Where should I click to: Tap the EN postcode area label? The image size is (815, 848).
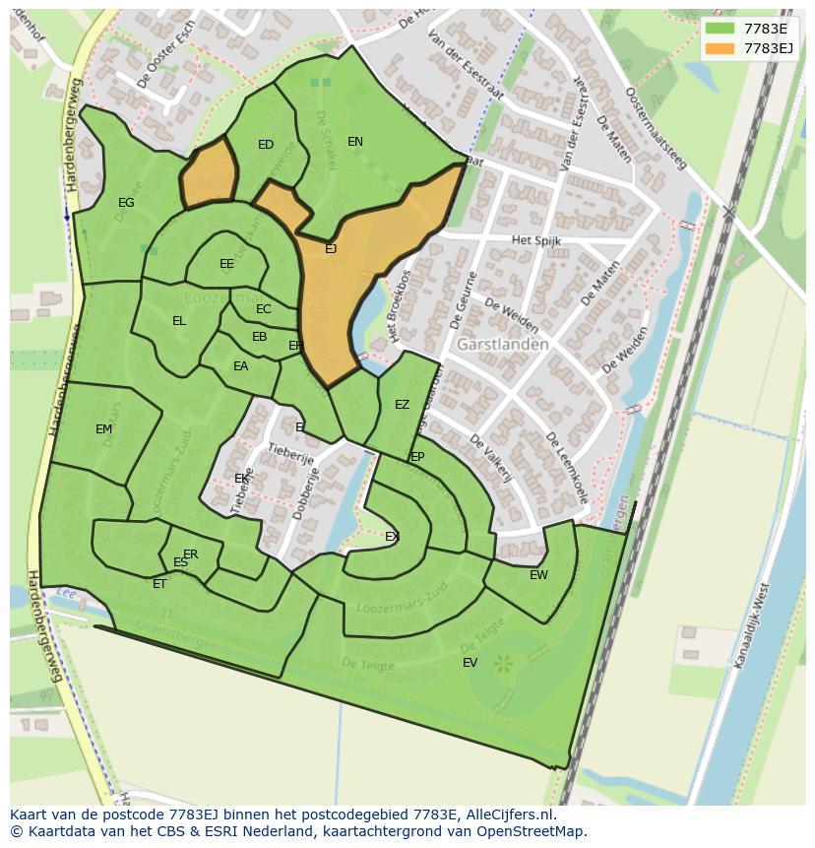tap(355, 142)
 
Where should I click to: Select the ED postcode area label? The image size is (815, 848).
tap(266, 145)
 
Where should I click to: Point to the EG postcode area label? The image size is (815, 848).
tap(126, 203)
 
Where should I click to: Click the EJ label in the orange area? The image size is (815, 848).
tap(331, 249)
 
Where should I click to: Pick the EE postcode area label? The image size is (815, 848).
tap(227, 264)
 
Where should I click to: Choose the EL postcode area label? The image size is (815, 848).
tap(179, 321)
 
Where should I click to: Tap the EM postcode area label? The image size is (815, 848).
tap(103, 429)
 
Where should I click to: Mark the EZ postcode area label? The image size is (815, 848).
tap(402, 405)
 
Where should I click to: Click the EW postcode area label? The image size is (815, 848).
tap(538, 575)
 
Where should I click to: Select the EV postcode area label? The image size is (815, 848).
tap(470, 663)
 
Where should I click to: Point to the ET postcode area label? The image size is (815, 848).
tap(159, 584)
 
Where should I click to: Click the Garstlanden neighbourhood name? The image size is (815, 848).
tap(502, 345)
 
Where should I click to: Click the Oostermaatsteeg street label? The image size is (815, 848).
tap(658, 128)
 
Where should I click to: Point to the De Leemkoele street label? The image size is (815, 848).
tap(568, 468)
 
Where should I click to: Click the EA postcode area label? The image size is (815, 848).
tap(240, 366)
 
